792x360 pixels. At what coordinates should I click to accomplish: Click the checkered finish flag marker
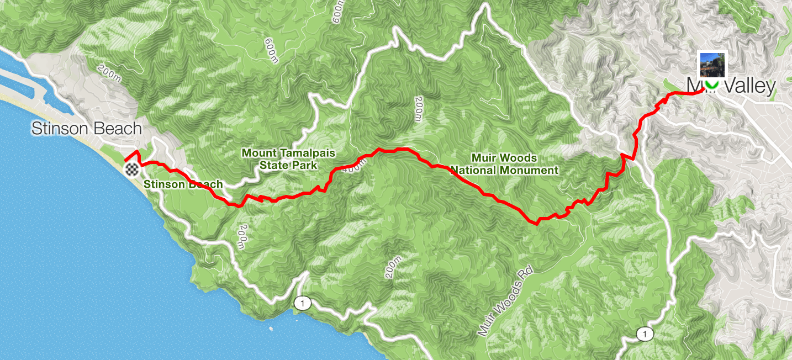(131, 169)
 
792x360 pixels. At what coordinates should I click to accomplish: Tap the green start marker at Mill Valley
(712, 84)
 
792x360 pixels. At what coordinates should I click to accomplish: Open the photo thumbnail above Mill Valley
(712, 64)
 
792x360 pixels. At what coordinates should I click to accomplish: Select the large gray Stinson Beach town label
(86, 129)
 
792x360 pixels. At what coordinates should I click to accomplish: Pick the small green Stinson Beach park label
(183, 184)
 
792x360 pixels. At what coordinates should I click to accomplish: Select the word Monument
(531, 171)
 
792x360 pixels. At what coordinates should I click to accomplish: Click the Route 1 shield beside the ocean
(302, 303)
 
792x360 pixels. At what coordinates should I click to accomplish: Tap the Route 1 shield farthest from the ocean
(643, 333)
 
